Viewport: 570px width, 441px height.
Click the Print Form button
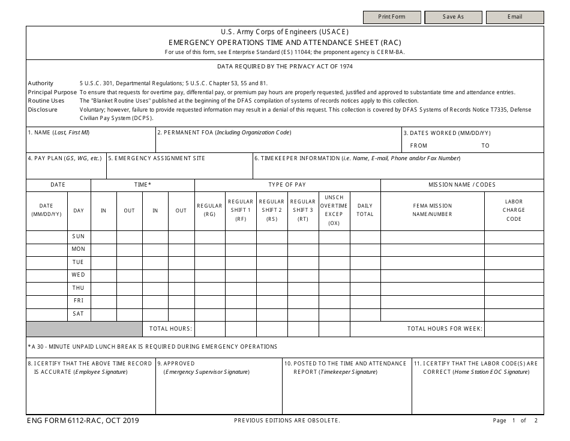[x=392, y=17]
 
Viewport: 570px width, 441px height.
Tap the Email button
[x=514, y=17]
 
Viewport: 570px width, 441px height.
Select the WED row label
[x=79, y=275]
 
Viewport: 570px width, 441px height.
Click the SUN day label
[x=79, y=236]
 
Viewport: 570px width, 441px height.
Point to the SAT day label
[x=79, y=314]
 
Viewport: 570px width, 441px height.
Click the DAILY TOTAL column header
[x=365, y=210]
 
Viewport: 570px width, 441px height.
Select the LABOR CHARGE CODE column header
[x=514, y=210]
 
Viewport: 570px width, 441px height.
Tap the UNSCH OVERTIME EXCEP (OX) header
[x=334, y=210]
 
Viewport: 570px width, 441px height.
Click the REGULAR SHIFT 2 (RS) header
[x=272, y=210]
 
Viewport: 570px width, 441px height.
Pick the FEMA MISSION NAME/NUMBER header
[x=432, y=210]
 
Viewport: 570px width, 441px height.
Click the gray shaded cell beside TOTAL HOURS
[x=84, y=329]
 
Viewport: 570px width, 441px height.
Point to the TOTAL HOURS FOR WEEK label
[x=445, y=329]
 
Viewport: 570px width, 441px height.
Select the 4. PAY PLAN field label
[x=65, y=158]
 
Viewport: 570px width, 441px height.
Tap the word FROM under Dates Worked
[x=419, y=146]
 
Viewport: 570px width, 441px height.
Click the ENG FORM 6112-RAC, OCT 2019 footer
[x=83, y=421]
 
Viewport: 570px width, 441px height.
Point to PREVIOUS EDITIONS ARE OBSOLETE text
[x=287, y=421]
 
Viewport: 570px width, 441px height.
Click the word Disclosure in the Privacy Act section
[x=43, y=110]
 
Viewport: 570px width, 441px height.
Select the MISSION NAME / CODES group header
[x=462, y=185]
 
